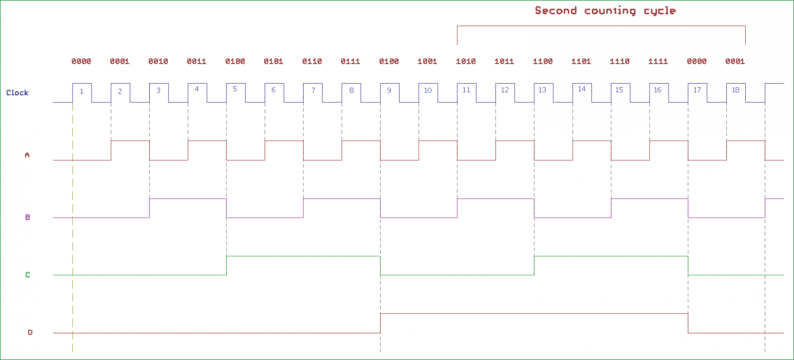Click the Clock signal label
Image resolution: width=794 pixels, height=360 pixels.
pyautogui.click(x=17, y=93)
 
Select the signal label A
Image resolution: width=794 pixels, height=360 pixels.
pyautogui.click(x=27, y=155)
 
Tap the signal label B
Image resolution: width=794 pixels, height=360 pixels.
pyautogui.click(x=27, y=217)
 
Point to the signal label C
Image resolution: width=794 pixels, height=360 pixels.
pyautogui.click(x=28, y=275)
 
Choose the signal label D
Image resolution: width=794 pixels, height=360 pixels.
pyautogui.click(x=30, y=332)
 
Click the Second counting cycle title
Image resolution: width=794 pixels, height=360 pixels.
pyautogui.click(x=605, y=11)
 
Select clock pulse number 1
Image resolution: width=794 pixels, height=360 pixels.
pyautogui.click(x=82, y=92)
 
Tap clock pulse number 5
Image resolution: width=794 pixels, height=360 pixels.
pyautogui.click(x=235, y=89)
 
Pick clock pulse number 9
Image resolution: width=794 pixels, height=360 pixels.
pyautogui.click(x=389, y=91)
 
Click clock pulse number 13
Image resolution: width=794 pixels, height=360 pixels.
pyautogui.click(x=542, y=90)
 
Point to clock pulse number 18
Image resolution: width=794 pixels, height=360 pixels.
pyautogui.click(x=735, y=90)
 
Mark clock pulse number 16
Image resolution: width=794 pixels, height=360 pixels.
pyautogui.click(x=657, y=90)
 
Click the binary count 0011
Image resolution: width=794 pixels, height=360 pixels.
pyautogui.click(x=196, y=61)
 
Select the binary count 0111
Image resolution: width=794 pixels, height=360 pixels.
pyautogui.click(x=350, y=61)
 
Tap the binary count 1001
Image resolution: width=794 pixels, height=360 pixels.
pyautogui.click(x=427, y=61)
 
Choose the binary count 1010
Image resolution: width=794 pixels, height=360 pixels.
pyautogui.click(x=466, y=61)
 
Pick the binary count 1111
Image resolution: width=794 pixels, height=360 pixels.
pyautogui.click(x=658, y=61)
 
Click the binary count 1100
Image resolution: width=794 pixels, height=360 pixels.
pyautogui.click(x=543, y=61)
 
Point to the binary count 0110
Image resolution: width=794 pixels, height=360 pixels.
pyautogui.click(x=312, y=61)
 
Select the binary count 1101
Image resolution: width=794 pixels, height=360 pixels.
pyautogui.click(x=581, y=61)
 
